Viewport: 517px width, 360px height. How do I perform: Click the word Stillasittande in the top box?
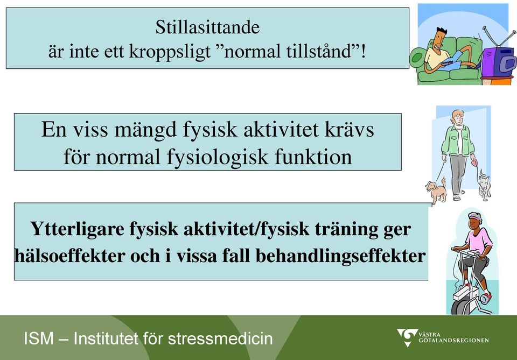point(207,27)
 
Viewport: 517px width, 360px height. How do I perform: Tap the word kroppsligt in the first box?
point(170,52)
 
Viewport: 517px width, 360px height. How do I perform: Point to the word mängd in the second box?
point(145,130)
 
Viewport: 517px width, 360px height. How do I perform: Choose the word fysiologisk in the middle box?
point(217,158)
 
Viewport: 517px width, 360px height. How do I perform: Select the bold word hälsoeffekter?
point(69,256)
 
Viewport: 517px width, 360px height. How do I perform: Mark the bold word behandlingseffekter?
point(340,256)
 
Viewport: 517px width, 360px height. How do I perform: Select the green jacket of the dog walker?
point(458,140)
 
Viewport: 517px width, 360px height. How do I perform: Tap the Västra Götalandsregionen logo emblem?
point(407,337)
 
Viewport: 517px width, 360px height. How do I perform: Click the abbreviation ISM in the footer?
point(39,338)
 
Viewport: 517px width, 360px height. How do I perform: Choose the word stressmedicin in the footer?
point(220,338)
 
